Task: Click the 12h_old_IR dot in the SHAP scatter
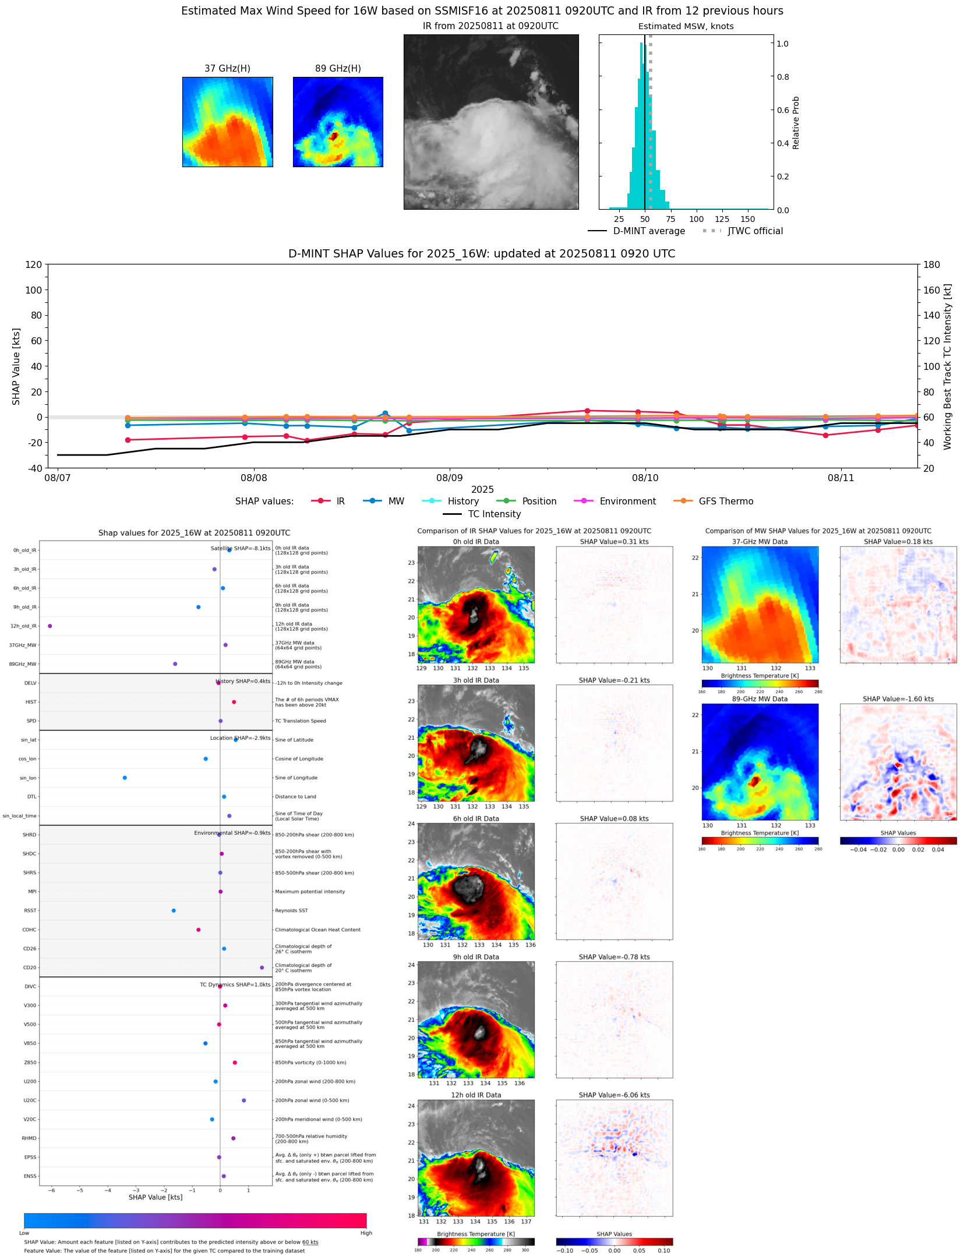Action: [x=50, y=626]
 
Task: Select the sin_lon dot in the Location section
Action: [x=125, y=778]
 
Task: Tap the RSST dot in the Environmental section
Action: [x=174, y=910]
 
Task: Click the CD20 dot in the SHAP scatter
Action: [x=262, y=968]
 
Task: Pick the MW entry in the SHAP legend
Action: [x=396, y=502]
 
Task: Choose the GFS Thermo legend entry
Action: [x=726, y=502]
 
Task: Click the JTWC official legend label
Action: [x=755, y=231]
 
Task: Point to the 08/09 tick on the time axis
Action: [x=450, y=478]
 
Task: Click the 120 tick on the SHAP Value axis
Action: [x=34, y=264]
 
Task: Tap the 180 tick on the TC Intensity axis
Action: [x=931, y=264]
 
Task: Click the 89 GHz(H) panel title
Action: [x=338, y=69]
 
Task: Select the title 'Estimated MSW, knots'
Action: [x=686, y=26]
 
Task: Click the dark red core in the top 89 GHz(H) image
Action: [x=334, y=136]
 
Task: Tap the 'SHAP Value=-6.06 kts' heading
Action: [x=614, y=1095]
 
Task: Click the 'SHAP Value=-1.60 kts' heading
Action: [x=898, y=699]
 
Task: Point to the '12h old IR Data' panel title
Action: [x=476, y=1095]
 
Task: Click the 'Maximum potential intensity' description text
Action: [x=310, y=892]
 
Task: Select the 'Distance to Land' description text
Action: [x=295, y=797]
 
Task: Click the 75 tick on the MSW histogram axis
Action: [x=670, y=220]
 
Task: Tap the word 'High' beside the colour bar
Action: [x=366, y=1233]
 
